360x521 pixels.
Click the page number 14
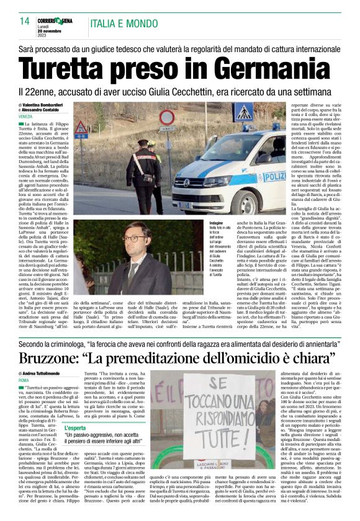coord(24,20)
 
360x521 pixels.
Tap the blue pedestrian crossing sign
coord(243,112)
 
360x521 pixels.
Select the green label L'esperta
coord(76,428)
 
